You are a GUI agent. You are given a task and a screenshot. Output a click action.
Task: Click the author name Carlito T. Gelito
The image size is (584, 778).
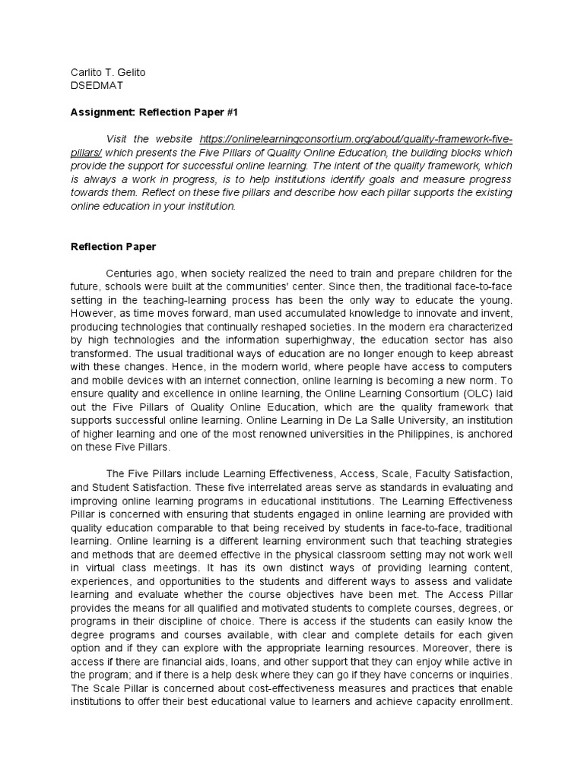[x=108, y=73]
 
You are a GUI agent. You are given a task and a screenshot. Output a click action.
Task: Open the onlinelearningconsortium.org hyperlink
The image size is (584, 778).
[x=355, y=139]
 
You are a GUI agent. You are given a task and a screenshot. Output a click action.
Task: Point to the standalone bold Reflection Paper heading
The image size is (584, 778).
[x=113, y=246]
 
